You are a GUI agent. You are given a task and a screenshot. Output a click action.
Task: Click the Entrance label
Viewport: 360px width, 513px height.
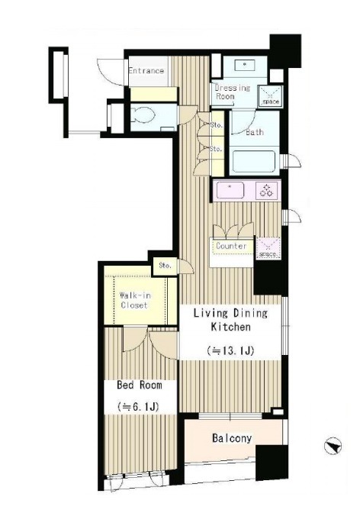146,70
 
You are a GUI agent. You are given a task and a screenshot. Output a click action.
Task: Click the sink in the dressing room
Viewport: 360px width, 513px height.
245,65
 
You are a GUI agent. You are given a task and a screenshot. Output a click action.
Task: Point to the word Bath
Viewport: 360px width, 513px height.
255,132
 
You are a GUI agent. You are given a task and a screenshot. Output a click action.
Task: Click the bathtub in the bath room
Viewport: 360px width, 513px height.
254,161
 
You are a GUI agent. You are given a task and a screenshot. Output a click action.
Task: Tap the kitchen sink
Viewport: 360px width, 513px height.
230,190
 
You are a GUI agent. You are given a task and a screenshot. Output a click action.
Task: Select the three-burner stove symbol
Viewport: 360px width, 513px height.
266,190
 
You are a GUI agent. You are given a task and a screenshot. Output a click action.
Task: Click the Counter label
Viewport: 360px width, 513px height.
231,246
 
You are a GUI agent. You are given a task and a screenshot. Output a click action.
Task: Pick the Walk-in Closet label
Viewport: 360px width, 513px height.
135,300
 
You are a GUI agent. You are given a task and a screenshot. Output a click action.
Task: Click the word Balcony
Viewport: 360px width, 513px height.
232,438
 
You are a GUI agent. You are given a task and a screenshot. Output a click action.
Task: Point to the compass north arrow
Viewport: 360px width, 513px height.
333,446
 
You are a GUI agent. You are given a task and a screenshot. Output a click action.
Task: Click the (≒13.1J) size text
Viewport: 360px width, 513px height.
230,350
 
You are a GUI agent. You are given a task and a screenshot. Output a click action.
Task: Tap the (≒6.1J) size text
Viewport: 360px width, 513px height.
138,407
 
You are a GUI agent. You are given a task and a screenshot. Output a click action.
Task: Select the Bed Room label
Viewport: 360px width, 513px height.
140,385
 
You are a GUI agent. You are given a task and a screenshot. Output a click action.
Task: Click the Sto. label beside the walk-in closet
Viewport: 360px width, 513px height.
165,266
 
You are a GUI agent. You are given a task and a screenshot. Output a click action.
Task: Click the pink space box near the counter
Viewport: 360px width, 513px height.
268,248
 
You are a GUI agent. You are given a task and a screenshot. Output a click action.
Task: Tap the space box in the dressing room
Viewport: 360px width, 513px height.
271,96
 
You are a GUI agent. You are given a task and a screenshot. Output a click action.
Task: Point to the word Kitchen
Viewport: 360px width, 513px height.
230,327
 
